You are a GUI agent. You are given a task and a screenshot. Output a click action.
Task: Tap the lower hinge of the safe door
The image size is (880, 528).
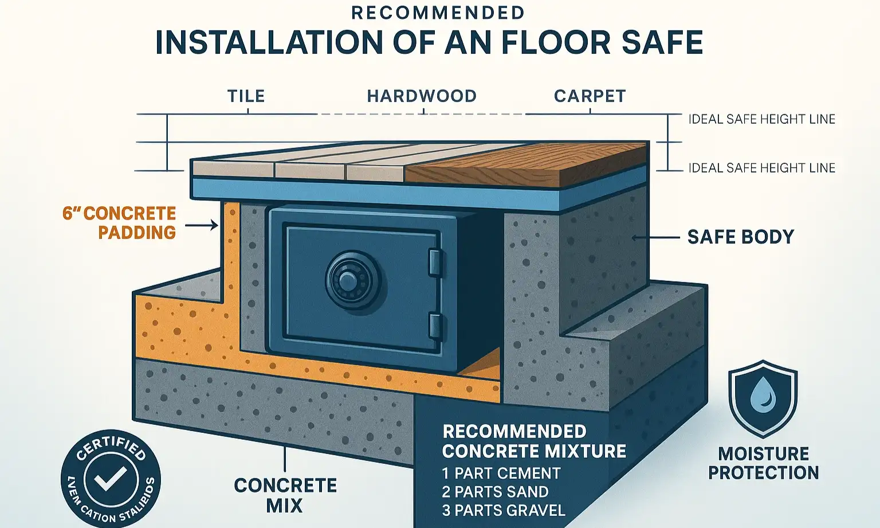(x=436, y=326)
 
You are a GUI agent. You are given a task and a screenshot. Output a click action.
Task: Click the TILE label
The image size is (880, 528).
(x=246, y=96)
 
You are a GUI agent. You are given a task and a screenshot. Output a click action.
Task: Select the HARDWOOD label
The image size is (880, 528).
(x=422, y=96)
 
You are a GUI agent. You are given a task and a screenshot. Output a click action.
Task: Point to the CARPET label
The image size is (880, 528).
(x=590, y=96)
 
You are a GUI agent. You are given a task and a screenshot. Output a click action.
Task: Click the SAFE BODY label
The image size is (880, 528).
(x=740, y=237)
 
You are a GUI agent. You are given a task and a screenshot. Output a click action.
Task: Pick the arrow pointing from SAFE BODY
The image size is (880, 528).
(x=655, y=237)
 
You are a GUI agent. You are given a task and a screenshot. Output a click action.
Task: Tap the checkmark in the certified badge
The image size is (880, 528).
(x=110, y=478)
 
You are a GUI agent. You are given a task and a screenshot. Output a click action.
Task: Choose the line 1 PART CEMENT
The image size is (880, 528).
(x=501, y=473)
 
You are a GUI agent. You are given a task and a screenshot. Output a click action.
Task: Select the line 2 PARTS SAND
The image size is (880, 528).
(x=495, y=491)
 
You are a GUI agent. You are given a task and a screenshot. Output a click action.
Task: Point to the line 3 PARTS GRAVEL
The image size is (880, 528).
(x=503, y=510)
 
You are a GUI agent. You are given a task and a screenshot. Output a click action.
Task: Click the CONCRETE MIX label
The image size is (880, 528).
(x=285, y=495)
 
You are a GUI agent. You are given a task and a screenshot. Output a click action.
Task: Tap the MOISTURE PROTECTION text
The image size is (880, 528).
(x=763, y=463)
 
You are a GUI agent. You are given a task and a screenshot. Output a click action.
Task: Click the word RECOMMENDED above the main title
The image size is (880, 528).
(x=438, y=13)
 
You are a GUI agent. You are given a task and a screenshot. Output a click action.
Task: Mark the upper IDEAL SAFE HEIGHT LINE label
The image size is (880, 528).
(x=761, y=119)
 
